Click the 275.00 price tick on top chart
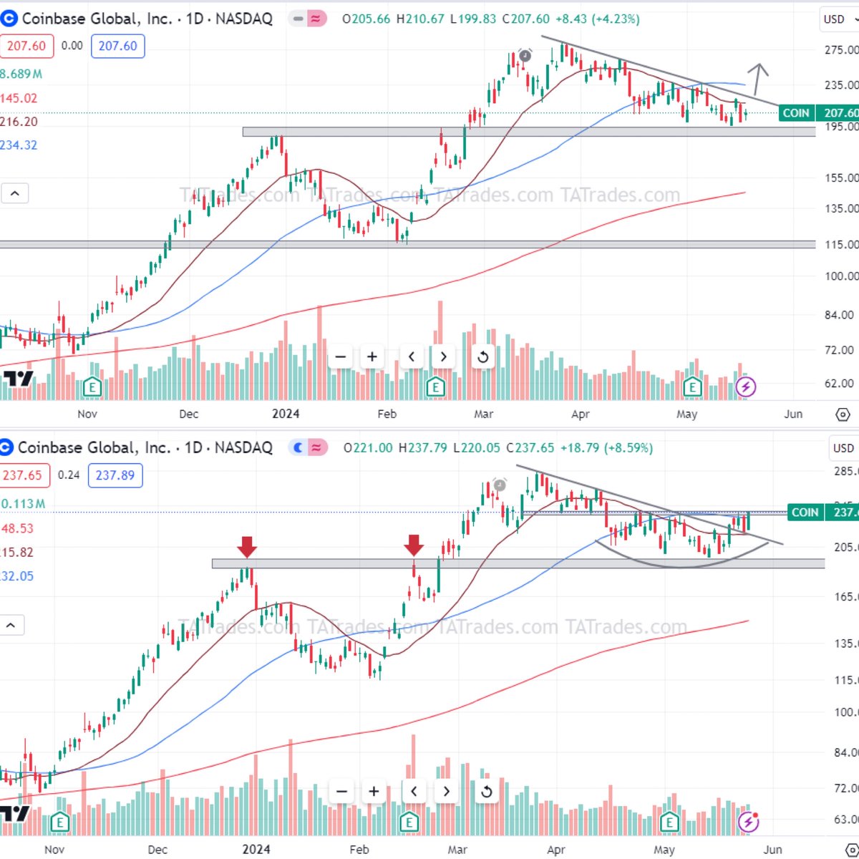840,50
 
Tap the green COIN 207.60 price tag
817,113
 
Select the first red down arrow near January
247,547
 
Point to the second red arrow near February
413,545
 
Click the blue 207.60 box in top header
117,46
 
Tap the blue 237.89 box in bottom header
115,475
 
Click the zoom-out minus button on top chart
341,356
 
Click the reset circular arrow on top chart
482,356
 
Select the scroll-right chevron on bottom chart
446,791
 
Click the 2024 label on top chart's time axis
286,414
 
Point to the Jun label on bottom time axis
772,850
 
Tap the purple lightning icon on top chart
746,387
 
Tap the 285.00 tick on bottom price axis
845,472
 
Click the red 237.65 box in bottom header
23,475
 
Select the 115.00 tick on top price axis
840,245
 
